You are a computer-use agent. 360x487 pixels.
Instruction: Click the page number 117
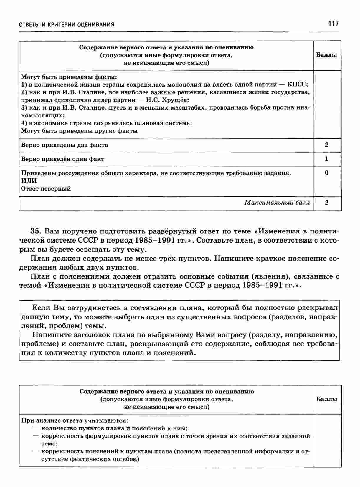click(333, 24)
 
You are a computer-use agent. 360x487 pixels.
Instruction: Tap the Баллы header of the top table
click(326, 55)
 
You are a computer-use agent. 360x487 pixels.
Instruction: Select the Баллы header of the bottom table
click(327, 399)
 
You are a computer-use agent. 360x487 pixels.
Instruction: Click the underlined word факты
click(105, 77)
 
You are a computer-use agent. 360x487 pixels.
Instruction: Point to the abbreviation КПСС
click(298, 85)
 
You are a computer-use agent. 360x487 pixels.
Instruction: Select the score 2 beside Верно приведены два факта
click(326, 145)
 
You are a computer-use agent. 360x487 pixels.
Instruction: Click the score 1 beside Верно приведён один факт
click(326, 159)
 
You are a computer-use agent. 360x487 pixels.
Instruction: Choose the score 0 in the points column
click(326, 173)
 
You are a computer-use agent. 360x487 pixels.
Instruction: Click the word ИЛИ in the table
click(29, 181)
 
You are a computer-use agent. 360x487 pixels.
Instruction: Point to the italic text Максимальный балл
click(277, 203)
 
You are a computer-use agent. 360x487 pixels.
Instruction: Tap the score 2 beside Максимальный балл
click(326, 203)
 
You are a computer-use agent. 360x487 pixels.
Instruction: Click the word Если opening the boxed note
click(41, 308)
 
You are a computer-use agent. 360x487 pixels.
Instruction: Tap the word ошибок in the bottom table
click(125, 459)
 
